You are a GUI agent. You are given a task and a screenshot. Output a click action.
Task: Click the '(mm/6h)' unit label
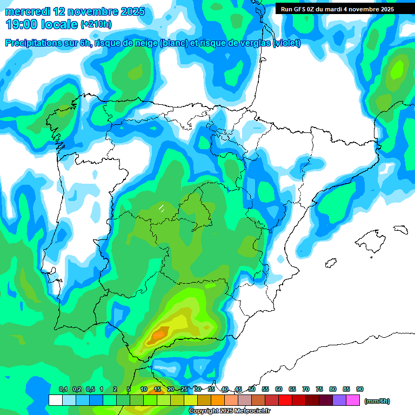tap(377, 401)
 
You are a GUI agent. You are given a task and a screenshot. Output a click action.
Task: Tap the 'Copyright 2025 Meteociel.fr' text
tap(229, 411)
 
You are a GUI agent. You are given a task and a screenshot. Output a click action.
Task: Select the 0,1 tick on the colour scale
tap(63, 389)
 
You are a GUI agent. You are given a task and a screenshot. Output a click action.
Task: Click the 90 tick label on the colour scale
tap(360, 389)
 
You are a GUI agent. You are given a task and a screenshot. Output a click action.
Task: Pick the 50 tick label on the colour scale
tap(252, 389)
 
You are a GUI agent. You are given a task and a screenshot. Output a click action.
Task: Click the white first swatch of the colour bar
tap(55, 400)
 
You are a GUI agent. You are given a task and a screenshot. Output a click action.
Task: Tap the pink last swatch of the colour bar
tap(353, 400)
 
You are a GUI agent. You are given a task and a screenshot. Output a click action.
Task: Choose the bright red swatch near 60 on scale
tap(285, 400)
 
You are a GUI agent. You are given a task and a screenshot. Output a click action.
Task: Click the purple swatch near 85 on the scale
tap(339, 400)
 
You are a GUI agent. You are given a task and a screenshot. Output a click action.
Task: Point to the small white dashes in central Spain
tap(161, 207)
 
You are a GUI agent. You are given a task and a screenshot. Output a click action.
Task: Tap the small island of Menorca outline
tap(400, 229)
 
